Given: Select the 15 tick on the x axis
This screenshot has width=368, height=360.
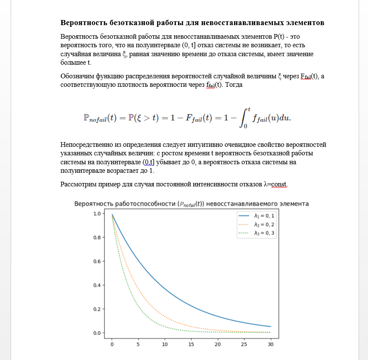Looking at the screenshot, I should (x=191, y=344).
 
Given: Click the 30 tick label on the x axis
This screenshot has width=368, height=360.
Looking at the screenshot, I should (x=270, y=344).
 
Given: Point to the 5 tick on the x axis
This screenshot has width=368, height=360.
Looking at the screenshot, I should (x=138, y=344).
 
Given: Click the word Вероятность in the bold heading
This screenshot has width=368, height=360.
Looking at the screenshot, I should (x=82, y=22).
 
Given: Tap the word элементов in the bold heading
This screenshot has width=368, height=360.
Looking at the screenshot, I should (x=304, y=22).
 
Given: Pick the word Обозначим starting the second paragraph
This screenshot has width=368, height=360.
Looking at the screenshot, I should (x=78, y=77).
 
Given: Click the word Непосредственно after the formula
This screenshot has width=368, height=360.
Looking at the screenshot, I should (x=87, y=145).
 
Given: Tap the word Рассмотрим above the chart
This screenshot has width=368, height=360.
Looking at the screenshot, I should (x=79, y=184).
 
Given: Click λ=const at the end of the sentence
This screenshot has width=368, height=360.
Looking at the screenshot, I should (x=276, y=184).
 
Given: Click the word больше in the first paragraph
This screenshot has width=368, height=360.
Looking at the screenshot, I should (x=73, y=63).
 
